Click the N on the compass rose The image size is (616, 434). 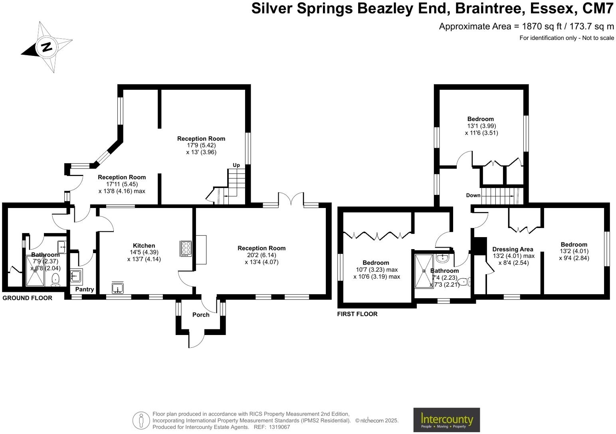(x=47, y=47)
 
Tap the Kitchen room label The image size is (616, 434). (x=144, y=246)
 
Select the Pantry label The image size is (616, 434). (x=85, y=289)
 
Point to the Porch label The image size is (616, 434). (x=201, y=315)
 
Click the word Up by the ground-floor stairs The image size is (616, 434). (x=236, y=165)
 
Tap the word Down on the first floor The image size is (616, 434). (x=473, y=195)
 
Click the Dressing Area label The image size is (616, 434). (x=513, y=249)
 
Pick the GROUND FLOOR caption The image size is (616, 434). (x=27, y=298)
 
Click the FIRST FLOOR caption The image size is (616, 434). (x=357, y=314)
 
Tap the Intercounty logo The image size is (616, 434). (x=446, y=420)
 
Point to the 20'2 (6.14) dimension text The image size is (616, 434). (x=261, y=255)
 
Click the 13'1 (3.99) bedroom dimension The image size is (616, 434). (x=481, y=126)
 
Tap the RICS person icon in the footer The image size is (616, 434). (x=141, y=420)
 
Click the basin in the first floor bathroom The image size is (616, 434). (x=442, y=258)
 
